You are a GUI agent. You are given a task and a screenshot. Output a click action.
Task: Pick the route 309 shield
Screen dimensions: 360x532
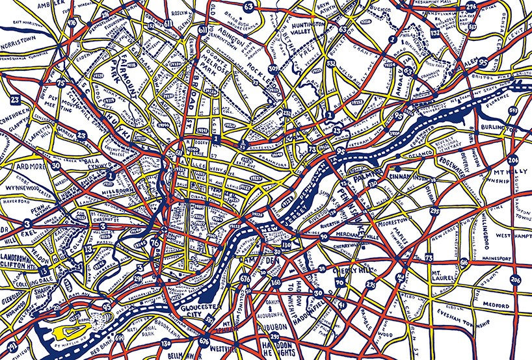[x=274, y=68]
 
